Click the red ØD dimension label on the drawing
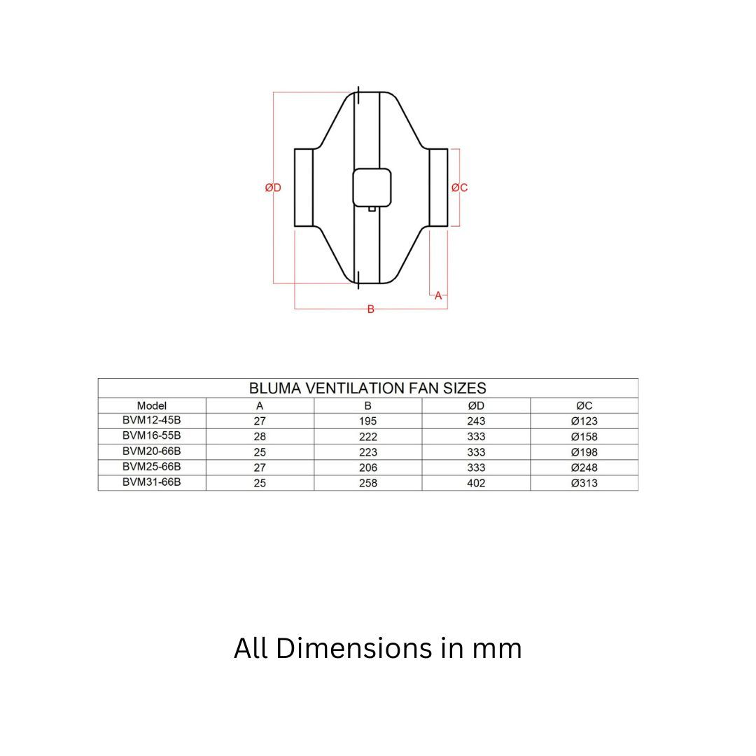(x=273, y=188)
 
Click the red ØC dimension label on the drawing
(x=459, y=188)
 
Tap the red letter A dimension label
(x=438, y=295)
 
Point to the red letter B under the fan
(x=371, y=309)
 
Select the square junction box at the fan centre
(x=372, y=188)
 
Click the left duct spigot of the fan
(x=303, y=188)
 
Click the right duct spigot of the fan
(x=438, y=188)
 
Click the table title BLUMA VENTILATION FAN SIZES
(x=367, y=388)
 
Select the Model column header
(x=152, y=405)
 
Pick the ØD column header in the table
(x=476, y=405)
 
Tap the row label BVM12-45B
(x=152, y=421)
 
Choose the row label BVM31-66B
(x=152, y=482)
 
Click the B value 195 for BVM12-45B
(x=367, y=421)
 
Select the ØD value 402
(x=476, y=483)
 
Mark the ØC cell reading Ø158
(x=584, y=437)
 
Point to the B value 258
(x=367, y=483)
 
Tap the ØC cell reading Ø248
(x=584, y=468)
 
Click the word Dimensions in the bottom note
(x=354, y=648)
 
